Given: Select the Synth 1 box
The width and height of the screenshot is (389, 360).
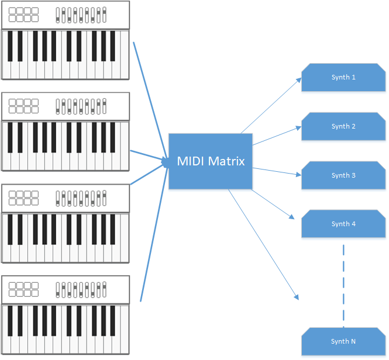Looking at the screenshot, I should coord(343,78).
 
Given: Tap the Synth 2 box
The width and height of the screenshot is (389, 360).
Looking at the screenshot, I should coord(343,127).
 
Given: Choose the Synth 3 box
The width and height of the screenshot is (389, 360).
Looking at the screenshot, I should coord(343,176).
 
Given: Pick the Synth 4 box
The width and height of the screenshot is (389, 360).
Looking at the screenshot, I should coord(343,225).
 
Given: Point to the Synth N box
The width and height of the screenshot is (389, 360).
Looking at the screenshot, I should coord(343,342).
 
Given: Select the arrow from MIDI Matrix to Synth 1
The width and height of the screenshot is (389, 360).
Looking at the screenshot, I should coord(271,106).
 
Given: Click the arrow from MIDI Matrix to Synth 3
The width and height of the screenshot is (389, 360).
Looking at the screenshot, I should coord(276,171).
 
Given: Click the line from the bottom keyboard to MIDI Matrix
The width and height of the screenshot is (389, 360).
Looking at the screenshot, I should coord(153,234).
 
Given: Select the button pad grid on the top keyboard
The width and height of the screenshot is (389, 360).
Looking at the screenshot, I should coord(24,15).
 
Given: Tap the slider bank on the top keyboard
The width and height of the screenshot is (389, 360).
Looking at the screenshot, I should coord(81,15).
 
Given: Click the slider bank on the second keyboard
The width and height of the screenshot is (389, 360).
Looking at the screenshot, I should coord(81,106).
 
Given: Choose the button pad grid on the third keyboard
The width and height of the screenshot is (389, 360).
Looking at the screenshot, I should coord(24,198).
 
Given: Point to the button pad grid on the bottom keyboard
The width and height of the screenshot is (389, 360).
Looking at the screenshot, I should coord(24,289).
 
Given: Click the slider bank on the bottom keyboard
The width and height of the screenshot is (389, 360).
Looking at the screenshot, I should coord(81,289).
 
